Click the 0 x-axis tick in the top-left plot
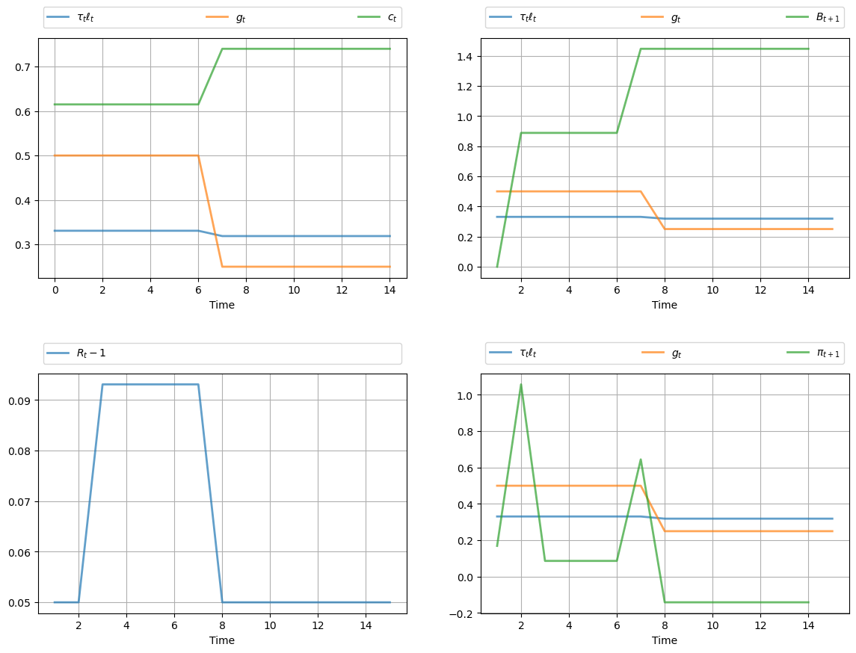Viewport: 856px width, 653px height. [55, 289]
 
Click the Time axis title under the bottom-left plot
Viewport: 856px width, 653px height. [222, 640]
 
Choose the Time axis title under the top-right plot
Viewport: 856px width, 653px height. [665, 305]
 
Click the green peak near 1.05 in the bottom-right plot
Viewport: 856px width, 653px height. [521, 385]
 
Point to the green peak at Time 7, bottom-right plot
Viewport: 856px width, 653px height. [641, 459]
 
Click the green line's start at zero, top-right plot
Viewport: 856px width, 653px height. [497, 267]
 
